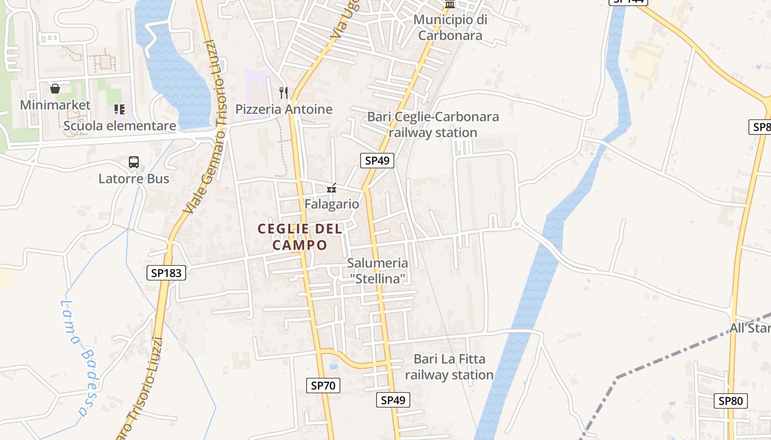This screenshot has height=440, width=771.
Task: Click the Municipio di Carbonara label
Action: (x=450, y=28)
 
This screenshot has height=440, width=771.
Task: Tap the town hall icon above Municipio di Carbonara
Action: (x=450, y=4)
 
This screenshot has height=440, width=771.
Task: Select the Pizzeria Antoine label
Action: (x=284, y=109)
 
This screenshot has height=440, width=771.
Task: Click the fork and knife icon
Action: (x=284, y=92)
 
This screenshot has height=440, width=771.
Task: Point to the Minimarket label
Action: (x=55, y=105)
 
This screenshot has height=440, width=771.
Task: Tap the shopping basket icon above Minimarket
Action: (x=55, y=89)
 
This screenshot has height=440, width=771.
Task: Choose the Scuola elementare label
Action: (x=120, y=126)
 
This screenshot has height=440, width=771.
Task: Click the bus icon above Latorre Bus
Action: (x=134, y=162)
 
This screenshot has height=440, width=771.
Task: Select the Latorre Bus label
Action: (x=134, y=179)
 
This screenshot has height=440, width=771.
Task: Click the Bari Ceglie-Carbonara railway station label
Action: (x=433, y=125)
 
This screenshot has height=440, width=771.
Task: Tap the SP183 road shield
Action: (x=166, y=272)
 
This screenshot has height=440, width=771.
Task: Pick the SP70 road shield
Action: (x=323, y=386)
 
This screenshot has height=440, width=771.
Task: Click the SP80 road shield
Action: (x=730, y=401)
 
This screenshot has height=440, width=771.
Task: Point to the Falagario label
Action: (x=332, y=204)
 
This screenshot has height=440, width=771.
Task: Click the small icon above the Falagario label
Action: (x=332, y=189)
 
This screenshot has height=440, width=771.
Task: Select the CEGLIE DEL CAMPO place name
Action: (x=300, y=237)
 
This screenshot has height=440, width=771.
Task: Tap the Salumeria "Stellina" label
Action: (x=378, y=271)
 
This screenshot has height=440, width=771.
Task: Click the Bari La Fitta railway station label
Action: (x=449, y=367)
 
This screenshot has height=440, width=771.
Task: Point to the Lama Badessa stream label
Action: (x=74, y=358)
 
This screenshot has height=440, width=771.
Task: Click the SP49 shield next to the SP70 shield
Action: (x=393, y=400)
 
